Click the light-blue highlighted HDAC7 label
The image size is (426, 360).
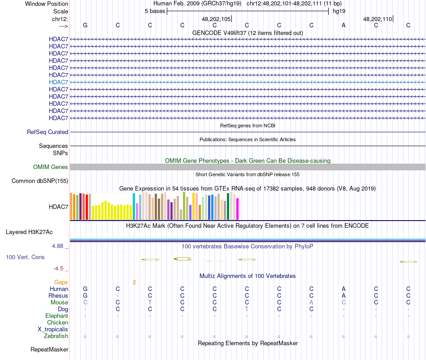58,82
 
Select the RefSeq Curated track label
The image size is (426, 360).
48,132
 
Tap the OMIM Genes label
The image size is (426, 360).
51,167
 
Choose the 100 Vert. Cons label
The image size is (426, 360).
25,257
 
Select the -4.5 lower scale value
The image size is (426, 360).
59,269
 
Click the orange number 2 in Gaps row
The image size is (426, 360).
134,282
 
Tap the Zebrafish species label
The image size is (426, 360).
56,336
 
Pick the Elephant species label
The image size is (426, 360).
57,316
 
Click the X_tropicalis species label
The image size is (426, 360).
53,330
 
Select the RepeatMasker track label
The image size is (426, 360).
49,349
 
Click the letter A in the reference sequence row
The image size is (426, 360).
343,25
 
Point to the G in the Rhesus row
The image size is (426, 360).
85,296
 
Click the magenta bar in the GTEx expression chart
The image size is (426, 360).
238,209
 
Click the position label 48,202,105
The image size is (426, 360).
216,19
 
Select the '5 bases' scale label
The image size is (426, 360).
155,11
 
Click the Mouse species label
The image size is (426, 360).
59,303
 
